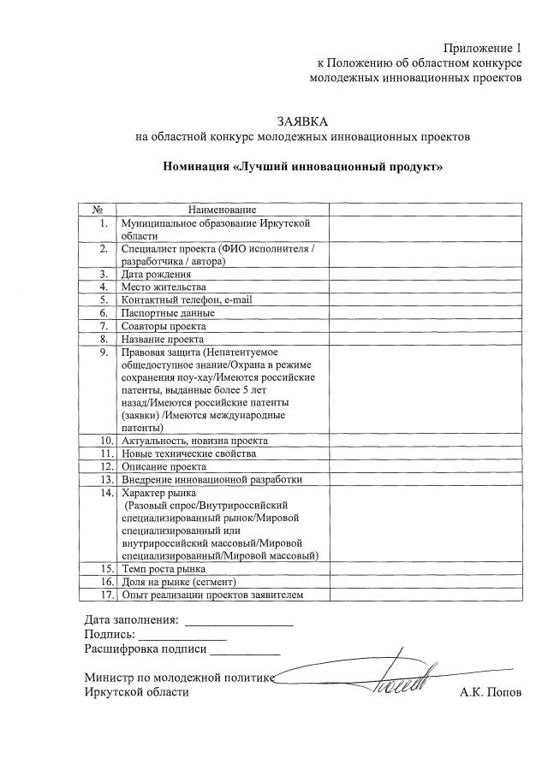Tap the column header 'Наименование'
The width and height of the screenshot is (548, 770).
coord(222,210)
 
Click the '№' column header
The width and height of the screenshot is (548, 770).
coord(98,210)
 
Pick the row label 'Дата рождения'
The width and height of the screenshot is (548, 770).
coord(156,274)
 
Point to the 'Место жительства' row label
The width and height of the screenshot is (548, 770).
coord(164,287)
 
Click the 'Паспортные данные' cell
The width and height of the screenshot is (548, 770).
coord(168,312)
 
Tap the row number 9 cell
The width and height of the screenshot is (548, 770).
coord(103,351)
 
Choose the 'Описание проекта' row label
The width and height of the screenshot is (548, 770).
coord(164,466)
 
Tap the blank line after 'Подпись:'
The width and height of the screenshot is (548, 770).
coord(182,638)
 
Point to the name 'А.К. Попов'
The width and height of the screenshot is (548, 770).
coord(490,692)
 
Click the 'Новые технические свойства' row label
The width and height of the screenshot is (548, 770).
coord(189,453)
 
